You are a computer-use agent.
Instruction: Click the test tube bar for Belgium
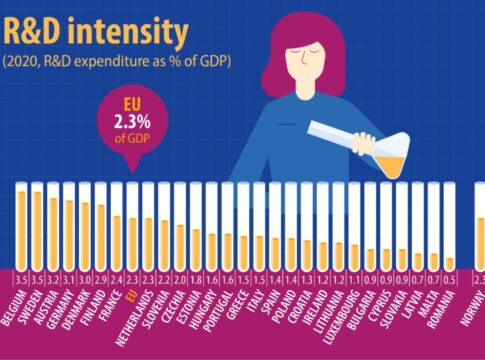point(21,221)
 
